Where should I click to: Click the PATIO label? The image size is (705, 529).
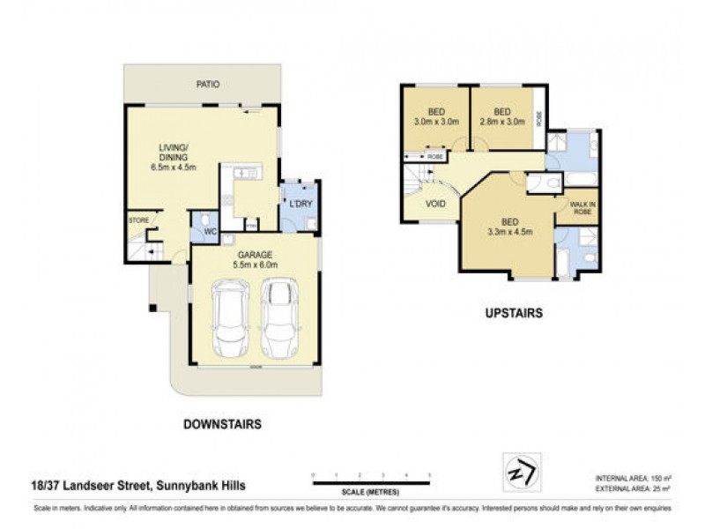(x=209, y=85)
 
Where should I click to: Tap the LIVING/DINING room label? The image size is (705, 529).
(x=173, y=152)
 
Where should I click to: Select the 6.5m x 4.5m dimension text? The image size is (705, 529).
(x=173, y=167)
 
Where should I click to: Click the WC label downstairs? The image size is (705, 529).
(x=211, y=233)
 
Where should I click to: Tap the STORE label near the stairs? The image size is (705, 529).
(x=138, y=220)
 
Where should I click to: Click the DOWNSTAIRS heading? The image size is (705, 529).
(x=221, y=424)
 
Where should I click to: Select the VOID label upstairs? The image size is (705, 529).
(x=435, y=204)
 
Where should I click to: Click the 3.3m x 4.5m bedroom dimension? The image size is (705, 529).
(x=507, y=234)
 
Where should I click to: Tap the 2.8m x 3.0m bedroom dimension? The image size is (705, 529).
(x=503, y=123)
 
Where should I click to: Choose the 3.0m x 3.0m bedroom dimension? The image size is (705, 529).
(x=436, y=123)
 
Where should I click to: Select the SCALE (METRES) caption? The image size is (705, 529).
(x=370, y=492)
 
